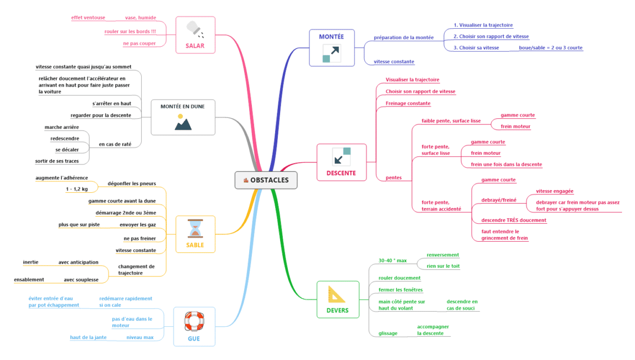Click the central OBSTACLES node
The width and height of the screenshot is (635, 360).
pyautogui.click(x=266, y=180)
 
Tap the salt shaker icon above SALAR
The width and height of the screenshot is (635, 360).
pyautogui.click(x=195, y=28)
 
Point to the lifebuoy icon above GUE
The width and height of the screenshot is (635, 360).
pyautogui.click(x=194, y=321)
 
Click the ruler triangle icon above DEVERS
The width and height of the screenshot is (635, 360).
pyautogui.click(x=337, y=295)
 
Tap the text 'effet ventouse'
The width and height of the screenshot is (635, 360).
pyautogui.click(x=88, y=18)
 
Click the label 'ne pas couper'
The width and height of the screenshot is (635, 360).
pyautogui.click(x=139, y=43)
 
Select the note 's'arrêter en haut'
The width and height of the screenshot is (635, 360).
pyautogui.click(x=112, y=103)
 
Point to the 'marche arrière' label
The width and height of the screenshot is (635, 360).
pyautogui.click(x=61, y=127)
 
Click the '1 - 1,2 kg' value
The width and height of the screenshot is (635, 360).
pyautogui.click(x=77, y=190)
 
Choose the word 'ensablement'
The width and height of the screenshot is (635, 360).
pyautogui.click(x=29, y=280)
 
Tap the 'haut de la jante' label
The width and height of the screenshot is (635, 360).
pyautogui.click(x=88, y=337)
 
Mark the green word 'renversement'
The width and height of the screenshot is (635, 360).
pyautogui.click(x=442, y=255)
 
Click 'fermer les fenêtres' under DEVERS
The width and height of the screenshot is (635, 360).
pyautogui.click(x=400, y=290)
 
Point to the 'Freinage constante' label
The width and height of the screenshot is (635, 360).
pyautogui.click(x=408, y=103)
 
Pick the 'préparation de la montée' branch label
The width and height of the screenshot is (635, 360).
pyautogui.click(x=403, y=37)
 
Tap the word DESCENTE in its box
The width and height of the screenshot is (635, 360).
pyautogui.click(x=341, y=173)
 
